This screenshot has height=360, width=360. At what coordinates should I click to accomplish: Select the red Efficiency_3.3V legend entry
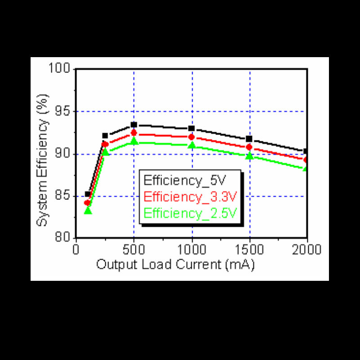(190, 197)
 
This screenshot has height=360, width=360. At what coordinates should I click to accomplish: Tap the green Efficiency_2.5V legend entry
(190, 212)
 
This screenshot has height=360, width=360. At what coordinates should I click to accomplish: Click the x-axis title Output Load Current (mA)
(175, 265)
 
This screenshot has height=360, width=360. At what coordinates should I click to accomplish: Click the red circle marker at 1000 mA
(192, 137)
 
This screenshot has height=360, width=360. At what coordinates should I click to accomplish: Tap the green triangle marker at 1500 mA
(249, 156)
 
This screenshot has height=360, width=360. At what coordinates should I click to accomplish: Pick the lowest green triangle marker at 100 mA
(88, 210)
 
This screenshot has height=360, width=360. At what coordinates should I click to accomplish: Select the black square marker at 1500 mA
(249, 139)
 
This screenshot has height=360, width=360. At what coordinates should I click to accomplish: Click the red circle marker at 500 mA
(134, 133)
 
